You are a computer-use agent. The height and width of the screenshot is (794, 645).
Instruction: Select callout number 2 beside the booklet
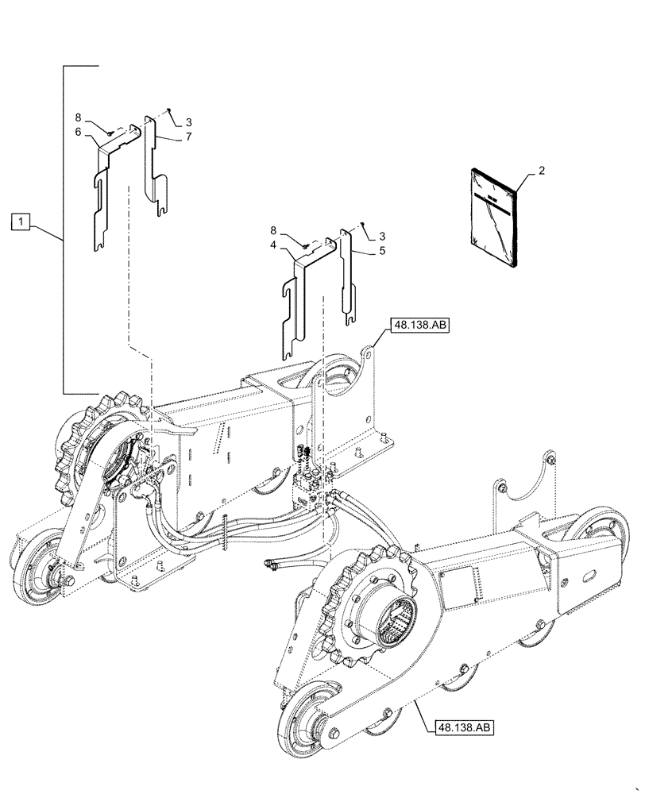point(541,171)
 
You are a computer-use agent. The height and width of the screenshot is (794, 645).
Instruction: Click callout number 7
point(188,137)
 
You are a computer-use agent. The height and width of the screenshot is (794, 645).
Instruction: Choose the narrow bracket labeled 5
point(346,278)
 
